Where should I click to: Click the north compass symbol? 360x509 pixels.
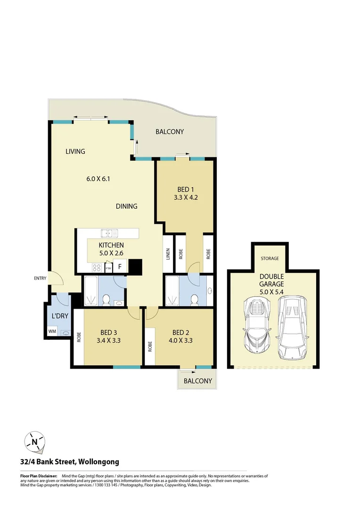35,442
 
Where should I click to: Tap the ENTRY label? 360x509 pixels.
40,278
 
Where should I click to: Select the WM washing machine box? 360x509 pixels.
51,332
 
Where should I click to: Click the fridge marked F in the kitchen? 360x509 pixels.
120,267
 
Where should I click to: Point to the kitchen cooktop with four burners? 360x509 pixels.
97,267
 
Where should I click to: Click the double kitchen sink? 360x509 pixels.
109,233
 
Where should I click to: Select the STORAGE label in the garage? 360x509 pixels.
270,258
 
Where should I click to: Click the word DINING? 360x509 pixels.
127,206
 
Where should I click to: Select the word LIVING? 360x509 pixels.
75,151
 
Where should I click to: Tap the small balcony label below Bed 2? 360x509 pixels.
197,381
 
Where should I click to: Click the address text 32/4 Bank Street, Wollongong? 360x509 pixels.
70,462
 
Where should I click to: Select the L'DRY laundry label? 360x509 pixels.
57,316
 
